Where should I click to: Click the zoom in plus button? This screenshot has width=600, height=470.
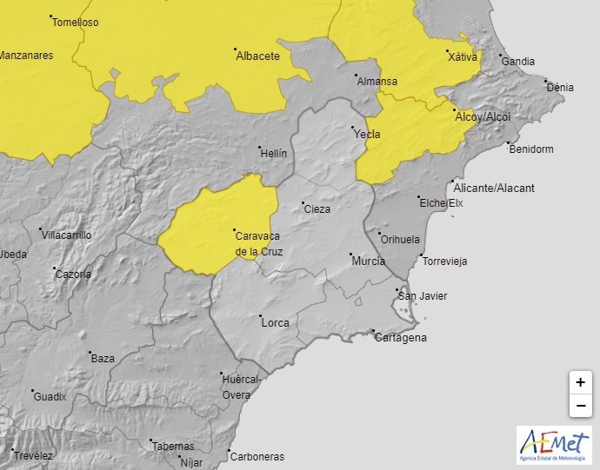pos(580,382)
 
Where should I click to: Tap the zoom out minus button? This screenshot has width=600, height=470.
pos(580,405)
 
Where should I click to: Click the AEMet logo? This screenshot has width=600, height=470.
pos(553,445)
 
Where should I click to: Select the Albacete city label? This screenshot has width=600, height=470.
pos(258,56)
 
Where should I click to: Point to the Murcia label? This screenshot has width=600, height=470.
pos(368,261)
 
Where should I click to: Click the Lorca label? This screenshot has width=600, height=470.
pos(275,323)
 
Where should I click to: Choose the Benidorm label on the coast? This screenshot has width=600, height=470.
pos(530,149)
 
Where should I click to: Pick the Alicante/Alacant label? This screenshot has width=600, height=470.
pos(494,188)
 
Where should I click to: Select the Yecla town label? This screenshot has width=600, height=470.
pos(367,134)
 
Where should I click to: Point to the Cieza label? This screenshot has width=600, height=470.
pos(317,209)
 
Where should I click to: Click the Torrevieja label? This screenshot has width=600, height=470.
pos(444,261)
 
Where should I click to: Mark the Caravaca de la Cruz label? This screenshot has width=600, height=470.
pos(259,243)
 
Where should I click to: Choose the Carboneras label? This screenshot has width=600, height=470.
pos(257,456)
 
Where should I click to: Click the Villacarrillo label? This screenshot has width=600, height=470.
pos(66,235)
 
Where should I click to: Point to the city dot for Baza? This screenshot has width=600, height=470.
pos(91,352)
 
